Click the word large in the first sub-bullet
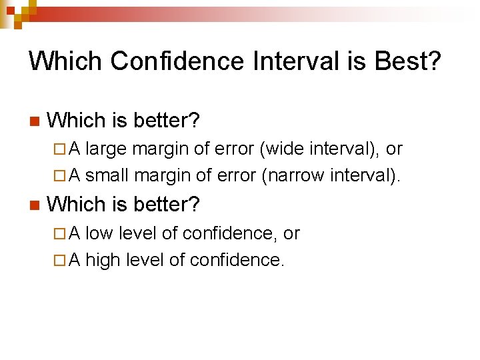106,149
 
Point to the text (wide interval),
320,149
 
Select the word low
99,233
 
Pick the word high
102,259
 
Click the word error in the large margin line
233,149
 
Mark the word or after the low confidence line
291,234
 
